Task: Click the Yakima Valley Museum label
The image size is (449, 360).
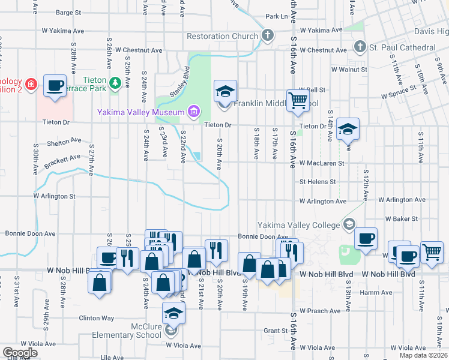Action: click(x=142, y=112)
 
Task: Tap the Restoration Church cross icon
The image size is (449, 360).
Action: click(x=268, y=36)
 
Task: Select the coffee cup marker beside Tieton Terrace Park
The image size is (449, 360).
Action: click(x=55, y=86)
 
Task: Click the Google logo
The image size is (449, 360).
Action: click(x=20, y=353)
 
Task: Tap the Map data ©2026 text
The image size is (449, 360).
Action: click(x=423, y=355)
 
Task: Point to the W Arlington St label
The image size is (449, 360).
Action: click(x=54, y=196)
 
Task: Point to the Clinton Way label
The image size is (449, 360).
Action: click(x=97, y=318)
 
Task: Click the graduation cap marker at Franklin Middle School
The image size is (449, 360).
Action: click(x=225, y=91)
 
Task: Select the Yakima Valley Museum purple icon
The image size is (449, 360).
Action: click(x=193, y=111)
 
